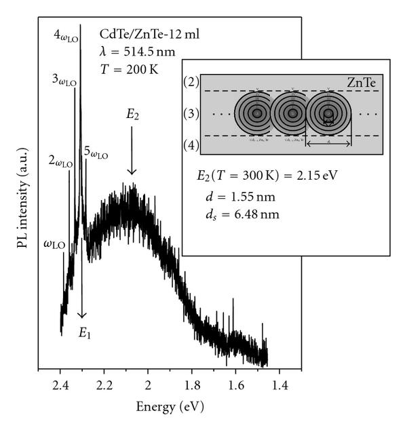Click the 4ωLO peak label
point(66,35)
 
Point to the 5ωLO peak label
point(96,154)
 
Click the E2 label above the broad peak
point(132,115)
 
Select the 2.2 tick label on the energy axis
point(104,385)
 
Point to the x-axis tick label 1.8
point(192,385)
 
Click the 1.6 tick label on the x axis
point(235,385)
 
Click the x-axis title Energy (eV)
point(170,407)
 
